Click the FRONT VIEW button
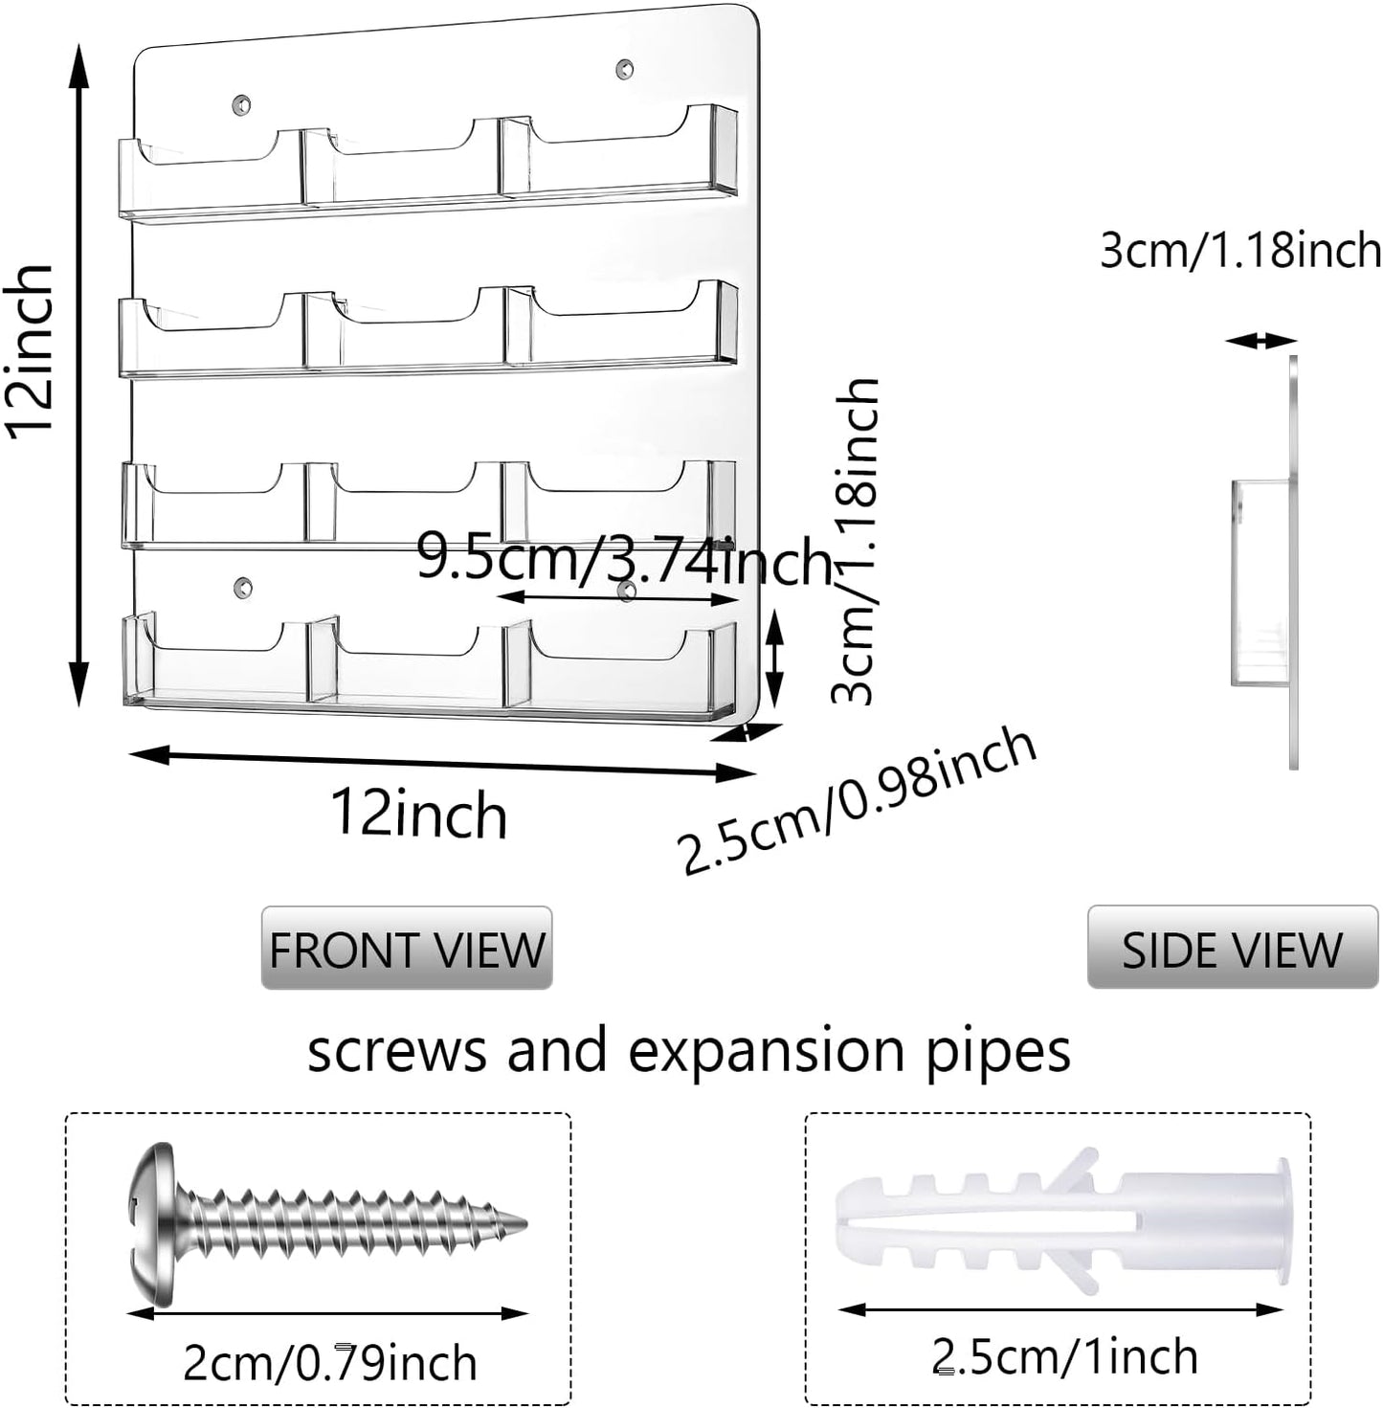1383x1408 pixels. [x=407, y=948]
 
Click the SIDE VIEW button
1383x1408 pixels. [x=1232, y=948]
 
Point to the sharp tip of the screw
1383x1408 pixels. [x=521, y=1222]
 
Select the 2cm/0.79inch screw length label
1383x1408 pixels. [x=330, y=1363]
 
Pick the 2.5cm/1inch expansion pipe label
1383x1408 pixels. [x=1064, y=1356]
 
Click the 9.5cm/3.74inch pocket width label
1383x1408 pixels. [x=624, y=559]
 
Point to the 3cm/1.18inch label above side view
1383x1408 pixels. [x=1240, y=251]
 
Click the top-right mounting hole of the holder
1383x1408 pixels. [x=624, y=69]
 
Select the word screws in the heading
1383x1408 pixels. [x=396, y=1050]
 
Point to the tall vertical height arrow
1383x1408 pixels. [x=80, y=373]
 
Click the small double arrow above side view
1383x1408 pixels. [x=1261, y=340]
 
